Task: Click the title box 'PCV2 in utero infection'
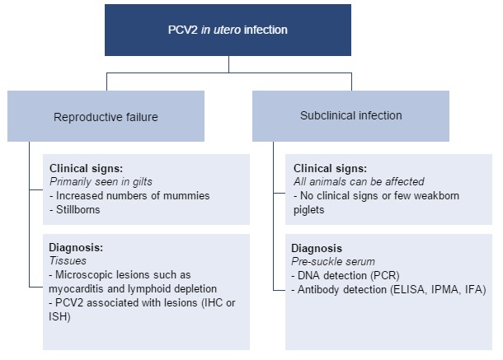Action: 229,30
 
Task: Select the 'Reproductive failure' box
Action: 105,116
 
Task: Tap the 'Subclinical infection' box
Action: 351,115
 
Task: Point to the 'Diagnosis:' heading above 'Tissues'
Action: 77,246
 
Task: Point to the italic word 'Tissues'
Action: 67,259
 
